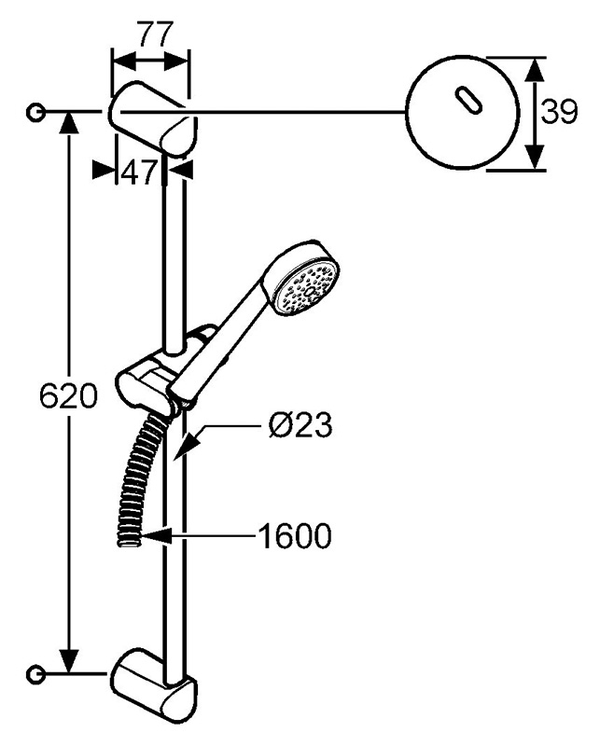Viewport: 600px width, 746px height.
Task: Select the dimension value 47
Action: [139, 173]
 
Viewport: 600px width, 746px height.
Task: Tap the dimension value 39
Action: [560, 112]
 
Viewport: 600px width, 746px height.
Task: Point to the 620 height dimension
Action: [68, 394]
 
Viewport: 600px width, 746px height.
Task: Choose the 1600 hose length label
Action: [294, 535]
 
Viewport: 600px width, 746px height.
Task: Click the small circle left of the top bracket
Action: [35, 112]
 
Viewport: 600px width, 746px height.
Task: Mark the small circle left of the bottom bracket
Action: [35, 673]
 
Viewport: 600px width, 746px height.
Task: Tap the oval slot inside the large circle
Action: [468, 100]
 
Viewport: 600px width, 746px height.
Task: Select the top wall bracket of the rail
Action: [151, 119]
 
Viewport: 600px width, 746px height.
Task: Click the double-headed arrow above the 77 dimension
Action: [150, 62]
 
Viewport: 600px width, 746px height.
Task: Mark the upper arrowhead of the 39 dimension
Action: [537, 72]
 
